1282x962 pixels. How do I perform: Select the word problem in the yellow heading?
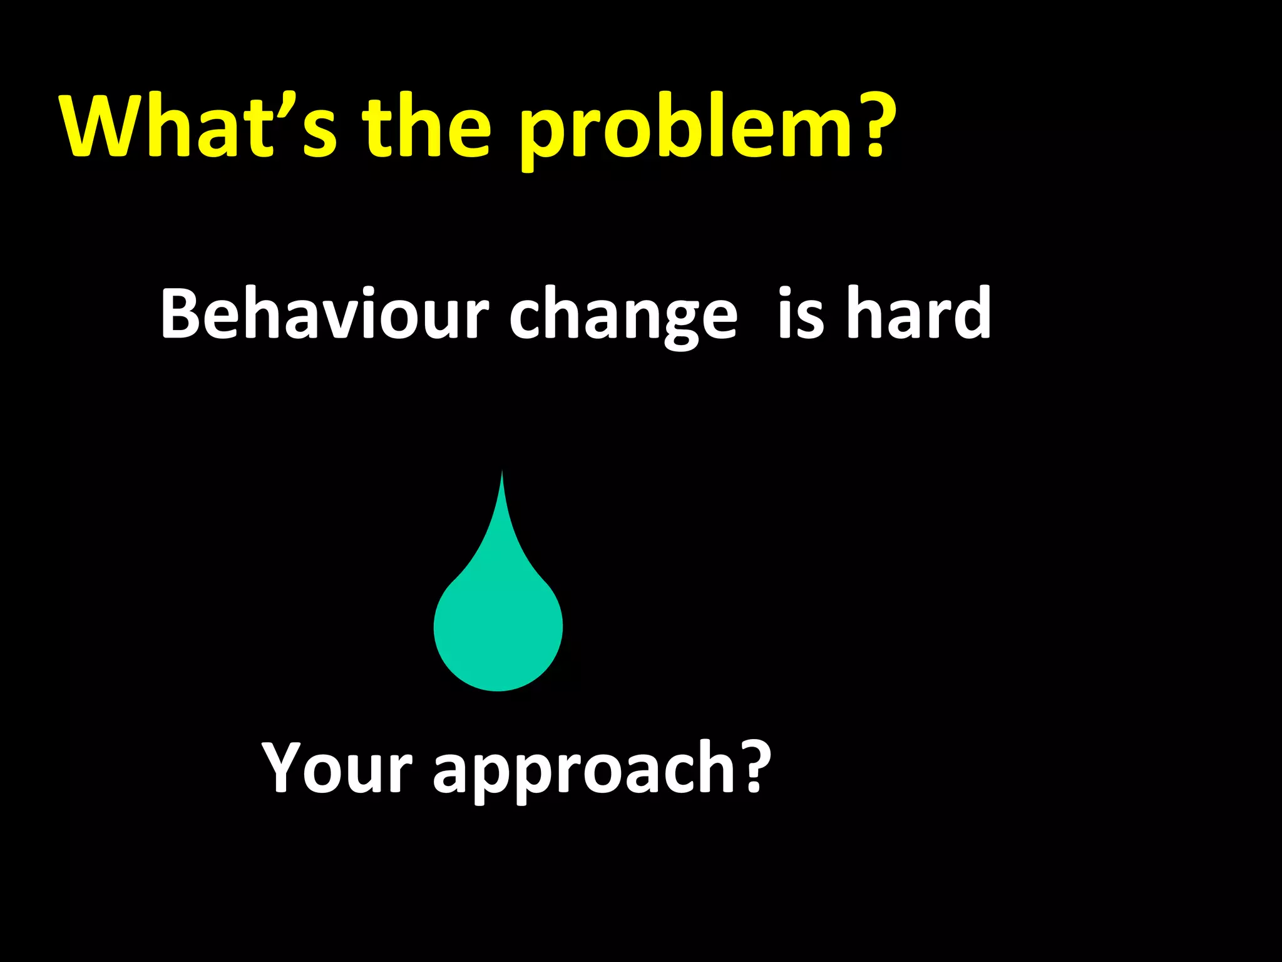(682, 132)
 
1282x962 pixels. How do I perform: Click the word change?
(623, 316)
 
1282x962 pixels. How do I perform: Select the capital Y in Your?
(285, 767)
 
